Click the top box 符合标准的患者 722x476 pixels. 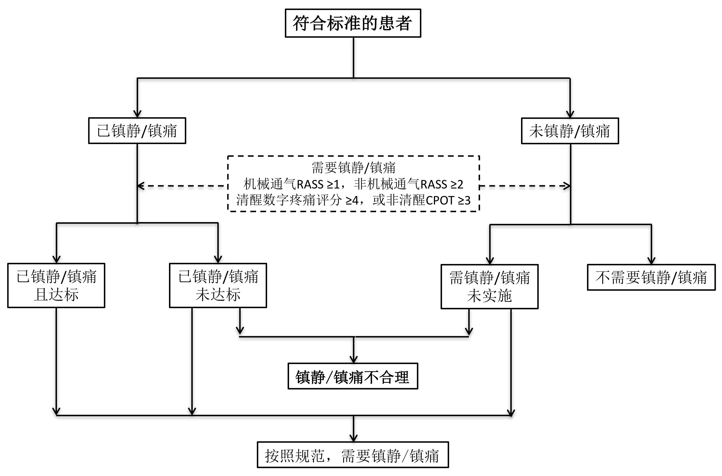point(353,23)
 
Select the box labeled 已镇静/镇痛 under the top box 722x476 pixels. point(137,131)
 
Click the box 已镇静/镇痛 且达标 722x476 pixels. point(56,285)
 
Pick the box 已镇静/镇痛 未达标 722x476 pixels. point(218,285)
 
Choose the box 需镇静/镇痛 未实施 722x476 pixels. point(489,287)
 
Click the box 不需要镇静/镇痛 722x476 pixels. point(651,277)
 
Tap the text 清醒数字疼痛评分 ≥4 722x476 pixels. point(297,200)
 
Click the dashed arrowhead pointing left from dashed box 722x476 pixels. point(140,186)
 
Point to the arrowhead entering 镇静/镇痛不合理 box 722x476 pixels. point(354,360)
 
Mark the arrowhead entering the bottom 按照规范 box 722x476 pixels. point(354,439)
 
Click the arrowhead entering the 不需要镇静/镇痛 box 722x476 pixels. point(651,261)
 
